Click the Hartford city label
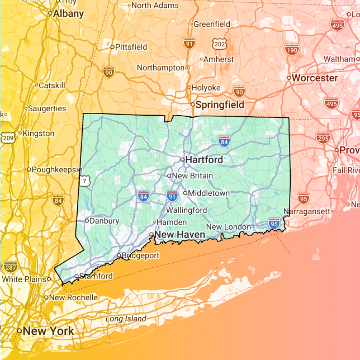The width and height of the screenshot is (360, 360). [x=204, y=160]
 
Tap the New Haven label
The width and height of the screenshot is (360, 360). [x=180, y=235]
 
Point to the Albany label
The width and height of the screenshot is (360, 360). [x=68, y=13]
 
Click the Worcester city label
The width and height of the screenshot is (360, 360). [x=315, y=78]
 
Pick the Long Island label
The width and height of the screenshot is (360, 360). [x=126, y=319]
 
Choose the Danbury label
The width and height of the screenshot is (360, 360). [x=104, y=221]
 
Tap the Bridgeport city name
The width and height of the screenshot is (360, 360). [x=140, y=255]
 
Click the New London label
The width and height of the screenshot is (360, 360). [x=229, y=226]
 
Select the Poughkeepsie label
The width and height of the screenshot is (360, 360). [x=57, y=169]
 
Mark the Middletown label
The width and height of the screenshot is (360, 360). [x=209, y=193]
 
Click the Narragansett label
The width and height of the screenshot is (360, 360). [x=307, y=212]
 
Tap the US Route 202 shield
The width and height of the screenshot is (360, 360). [x=220, y=42]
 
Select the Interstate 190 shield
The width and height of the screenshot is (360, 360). [x=291, y=49]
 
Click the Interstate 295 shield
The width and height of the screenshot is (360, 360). [x=323, y=138]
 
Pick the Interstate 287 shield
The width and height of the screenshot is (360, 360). [x=10, y=266]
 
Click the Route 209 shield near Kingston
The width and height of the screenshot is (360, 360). [x=8, y=137]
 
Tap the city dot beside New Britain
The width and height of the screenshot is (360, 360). [x=169, y=176]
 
